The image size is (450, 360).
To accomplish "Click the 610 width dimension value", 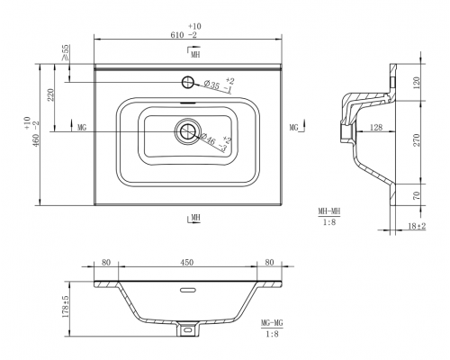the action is click(x=177, y=35).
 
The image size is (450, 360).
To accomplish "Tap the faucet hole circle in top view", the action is click(x=188, y=82).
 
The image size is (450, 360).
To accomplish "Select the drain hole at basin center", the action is click(x=188, y=131).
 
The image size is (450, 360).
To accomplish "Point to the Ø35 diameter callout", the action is click(x=211, y=85).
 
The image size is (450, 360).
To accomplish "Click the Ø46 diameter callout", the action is click(x=208, y=139).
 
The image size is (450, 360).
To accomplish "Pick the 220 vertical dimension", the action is click(x=50, y=94).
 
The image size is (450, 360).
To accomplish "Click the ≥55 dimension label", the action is click(x=65, y=52).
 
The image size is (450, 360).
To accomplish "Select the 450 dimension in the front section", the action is click(x=186, y=263).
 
